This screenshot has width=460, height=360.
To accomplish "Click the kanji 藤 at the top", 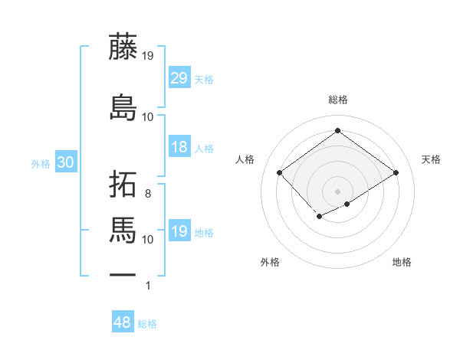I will point(123,47).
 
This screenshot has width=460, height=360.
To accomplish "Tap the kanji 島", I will point(123,106).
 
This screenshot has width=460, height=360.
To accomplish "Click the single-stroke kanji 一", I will point(123,275).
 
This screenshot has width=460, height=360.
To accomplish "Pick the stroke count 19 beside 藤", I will point(148,55).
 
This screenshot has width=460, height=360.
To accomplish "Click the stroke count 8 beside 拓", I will point(148,194).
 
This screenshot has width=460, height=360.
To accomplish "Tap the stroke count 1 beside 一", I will point(148,286).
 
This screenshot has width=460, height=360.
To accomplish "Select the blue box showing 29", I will point(179,78).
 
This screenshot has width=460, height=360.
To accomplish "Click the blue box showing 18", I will point(179,147).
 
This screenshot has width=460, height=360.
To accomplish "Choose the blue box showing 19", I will point(179,231).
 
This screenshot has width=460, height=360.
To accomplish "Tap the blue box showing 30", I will point(65,162).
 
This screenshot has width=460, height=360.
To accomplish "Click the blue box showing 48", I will point(123,322).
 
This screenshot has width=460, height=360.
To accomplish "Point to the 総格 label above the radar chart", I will point(337,100).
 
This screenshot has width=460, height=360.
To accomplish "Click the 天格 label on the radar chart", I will point(432,159).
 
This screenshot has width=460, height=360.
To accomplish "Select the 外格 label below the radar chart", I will point(270,262).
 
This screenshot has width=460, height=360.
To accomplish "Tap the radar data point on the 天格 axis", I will point(396,173).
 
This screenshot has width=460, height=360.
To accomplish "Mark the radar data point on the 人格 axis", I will point(280,173).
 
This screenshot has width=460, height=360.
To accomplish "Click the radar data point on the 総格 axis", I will point(337,131).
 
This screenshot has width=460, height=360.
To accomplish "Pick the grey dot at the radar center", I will point(337,191).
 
